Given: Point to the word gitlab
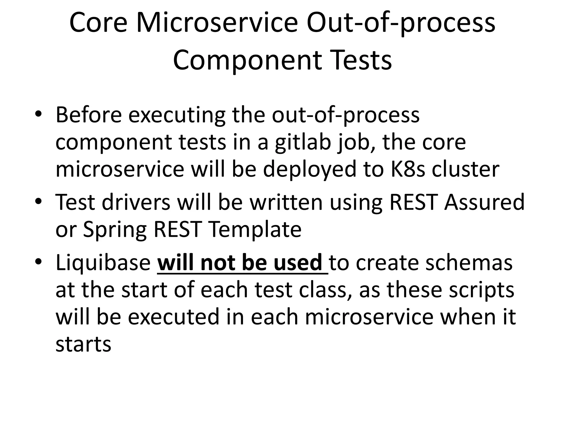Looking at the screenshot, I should coord(303,143).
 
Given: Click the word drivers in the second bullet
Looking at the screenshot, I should coord(136,202).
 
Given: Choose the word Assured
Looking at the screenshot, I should coord(484,202).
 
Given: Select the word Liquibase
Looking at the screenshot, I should coord(103,263).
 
